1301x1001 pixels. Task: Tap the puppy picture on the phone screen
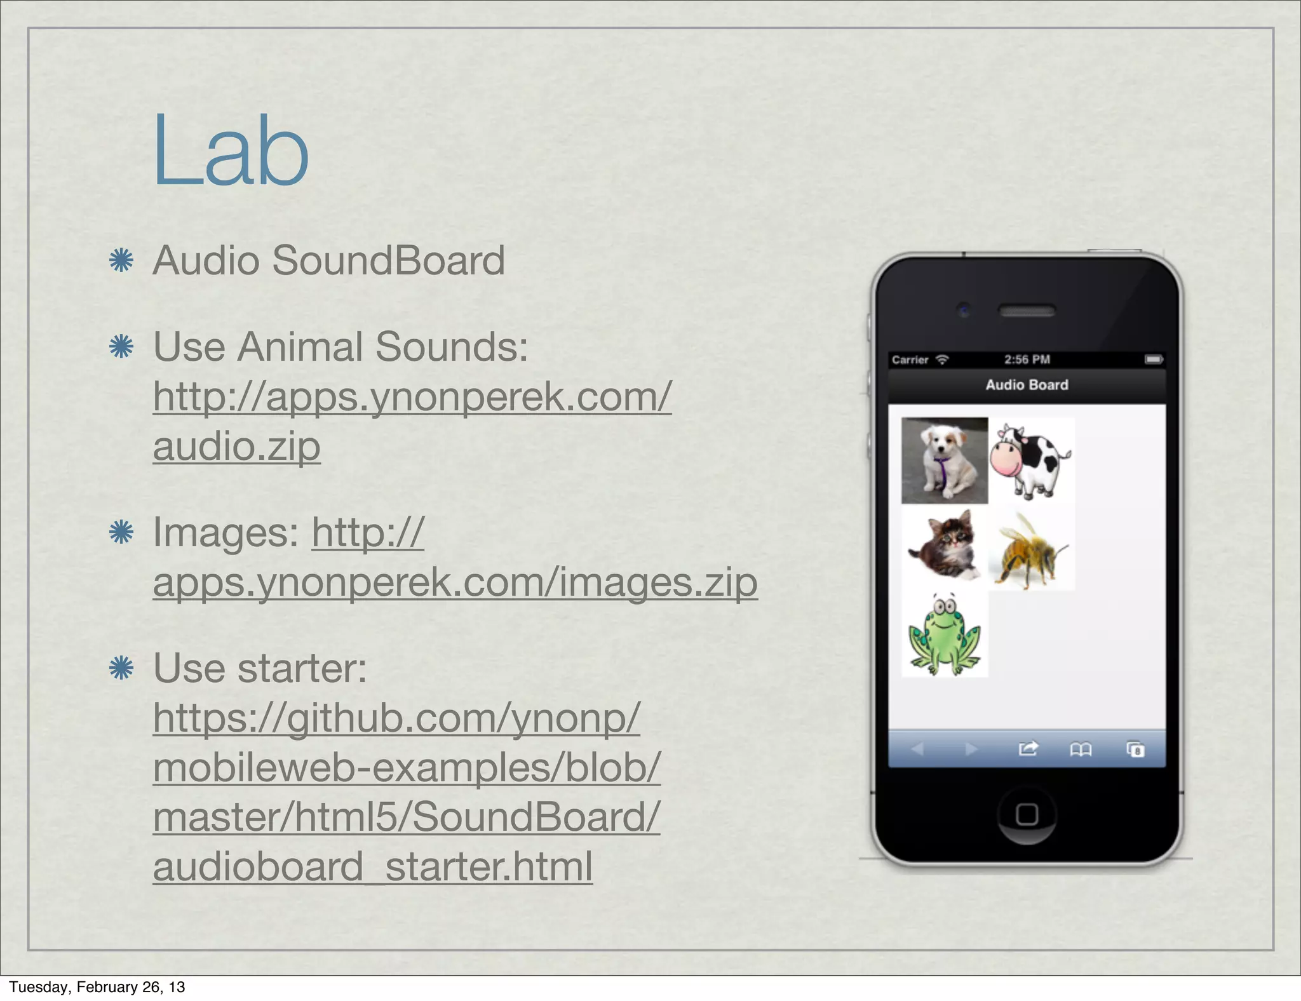[944, 460]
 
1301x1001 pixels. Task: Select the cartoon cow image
[1030, 460]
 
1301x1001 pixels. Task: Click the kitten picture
[944, 547]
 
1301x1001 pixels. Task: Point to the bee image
[1030, 550]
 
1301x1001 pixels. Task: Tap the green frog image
[944, 635]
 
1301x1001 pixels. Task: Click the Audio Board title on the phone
[1027, 385]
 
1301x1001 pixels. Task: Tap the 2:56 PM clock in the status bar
[1027, 359]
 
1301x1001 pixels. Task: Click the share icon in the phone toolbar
[1028, 749]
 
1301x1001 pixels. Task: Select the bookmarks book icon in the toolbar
[1081, 750]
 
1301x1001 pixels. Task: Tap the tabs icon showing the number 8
[1135, 750]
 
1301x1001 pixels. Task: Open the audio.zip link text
[236, 446]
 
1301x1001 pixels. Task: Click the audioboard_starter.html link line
[372, 866]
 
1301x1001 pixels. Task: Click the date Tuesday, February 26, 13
[97, 986]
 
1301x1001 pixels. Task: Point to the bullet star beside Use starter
[121, 668]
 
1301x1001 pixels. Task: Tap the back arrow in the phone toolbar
[917, 749]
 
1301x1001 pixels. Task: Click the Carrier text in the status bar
[910, 360]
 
